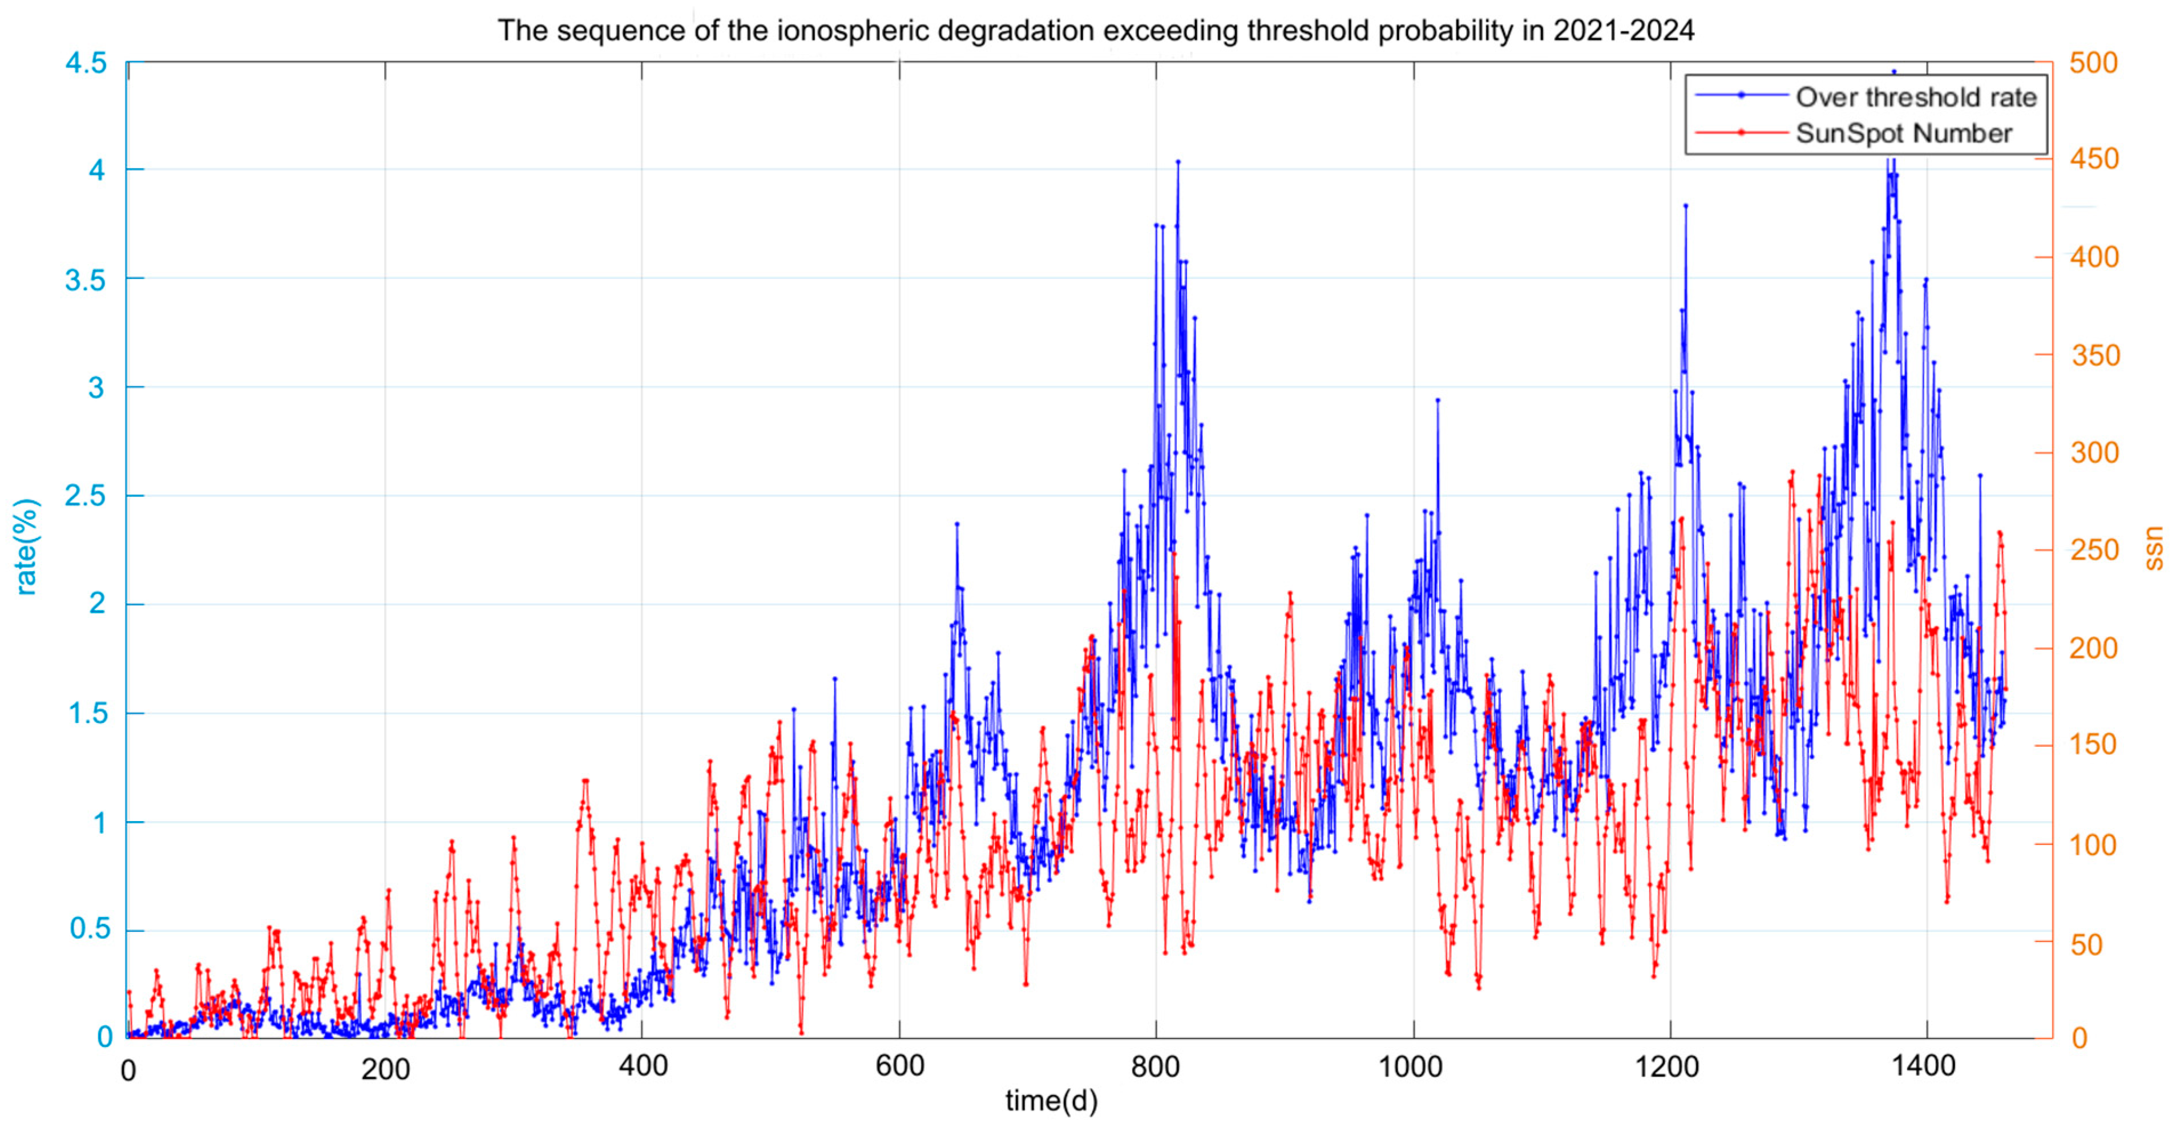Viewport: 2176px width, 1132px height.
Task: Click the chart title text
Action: pyautogui.click(x=1096, y=30)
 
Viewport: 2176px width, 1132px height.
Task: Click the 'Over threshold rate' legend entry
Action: pyautogui.click(x=1916, y=97)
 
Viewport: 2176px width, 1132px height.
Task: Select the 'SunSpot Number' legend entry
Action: pyautogui.click(x=1904, y=134)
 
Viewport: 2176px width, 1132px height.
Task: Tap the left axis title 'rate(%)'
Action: pyautogui.click(x=26, y=547)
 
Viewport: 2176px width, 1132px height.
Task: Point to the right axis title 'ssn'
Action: pyautogui.click(x=2154, y=547)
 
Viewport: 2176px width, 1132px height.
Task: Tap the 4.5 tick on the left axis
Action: pyautogui.click(x=86, y=63)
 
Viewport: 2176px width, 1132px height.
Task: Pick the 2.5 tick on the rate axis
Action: pyautogui.click(x=86, y=496)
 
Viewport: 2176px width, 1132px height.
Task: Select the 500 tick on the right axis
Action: pyautogui.click(x=2093, y=63)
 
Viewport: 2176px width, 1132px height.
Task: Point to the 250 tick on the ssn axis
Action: pyautogui.click(x=2093, y=551)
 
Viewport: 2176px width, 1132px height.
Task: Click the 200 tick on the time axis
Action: pyautogui.click(x=385, y=1069)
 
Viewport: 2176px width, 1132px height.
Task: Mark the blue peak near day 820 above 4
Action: pyautogui.click(x=1178, y=161)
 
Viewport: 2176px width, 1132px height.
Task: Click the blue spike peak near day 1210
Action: pyautogui.click(x=1685, y=205)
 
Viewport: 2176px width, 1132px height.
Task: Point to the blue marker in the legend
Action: pyautogui.click(x=1741, y=95)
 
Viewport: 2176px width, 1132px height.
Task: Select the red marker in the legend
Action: pyautogui.click(x=1741, y=132)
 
